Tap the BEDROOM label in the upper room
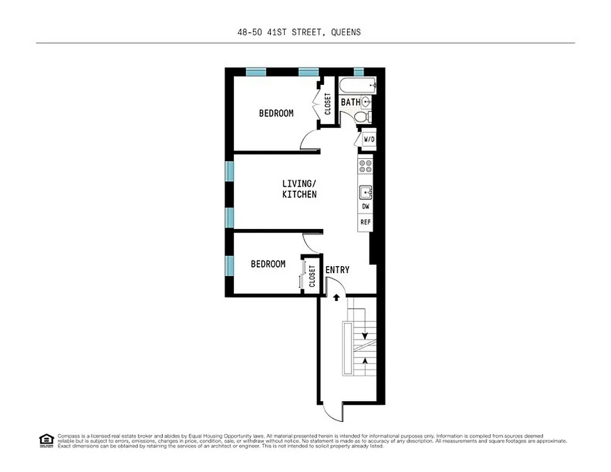tap(276, 113)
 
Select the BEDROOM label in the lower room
tap(268, 264)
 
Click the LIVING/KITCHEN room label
tap(299, 189)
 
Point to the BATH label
tap(350, 102)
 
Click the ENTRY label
tap(337, 270)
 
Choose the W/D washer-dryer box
tap(368, 139)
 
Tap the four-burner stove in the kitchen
tap(365, 166)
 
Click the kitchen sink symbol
tap(365, 192)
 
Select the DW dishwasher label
tap(365, 207)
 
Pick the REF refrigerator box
tap(365, 222)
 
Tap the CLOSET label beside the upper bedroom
tap(328, 104)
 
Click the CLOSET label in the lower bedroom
tap(312, 276)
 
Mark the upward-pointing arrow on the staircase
tap(367, 360)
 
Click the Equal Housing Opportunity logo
tap(45, 440)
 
